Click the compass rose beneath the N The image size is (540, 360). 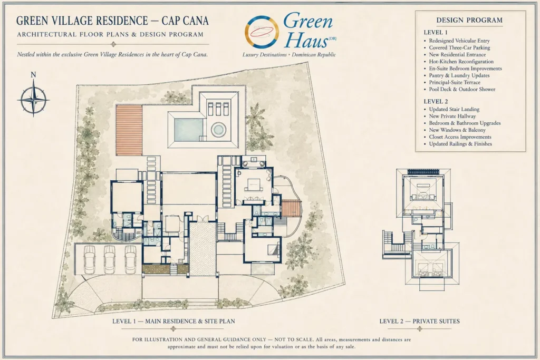33,100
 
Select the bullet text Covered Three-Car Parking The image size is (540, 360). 459,47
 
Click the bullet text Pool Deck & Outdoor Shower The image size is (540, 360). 462,89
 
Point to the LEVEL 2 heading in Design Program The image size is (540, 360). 436,101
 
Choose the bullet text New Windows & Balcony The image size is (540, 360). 457,130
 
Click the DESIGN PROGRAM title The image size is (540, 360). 469,20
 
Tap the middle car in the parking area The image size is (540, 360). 110,259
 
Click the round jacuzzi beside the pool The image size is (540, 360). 218,130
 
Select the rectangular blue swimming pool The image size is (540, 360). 189,130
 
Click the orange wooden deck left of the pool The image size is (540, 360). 129,130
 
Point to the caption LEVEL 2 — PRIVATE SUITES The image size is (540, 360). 419,321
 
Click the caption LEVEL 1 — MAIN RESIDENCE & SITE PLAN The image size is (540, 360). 173,321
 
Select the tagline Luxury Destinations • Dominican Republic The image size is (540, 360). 289,55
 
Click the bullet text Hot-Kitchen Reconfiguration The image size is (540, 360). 461,61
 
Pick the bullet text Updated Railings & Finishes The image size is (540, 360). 460,143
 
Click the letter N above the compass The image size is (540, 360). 33,75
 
